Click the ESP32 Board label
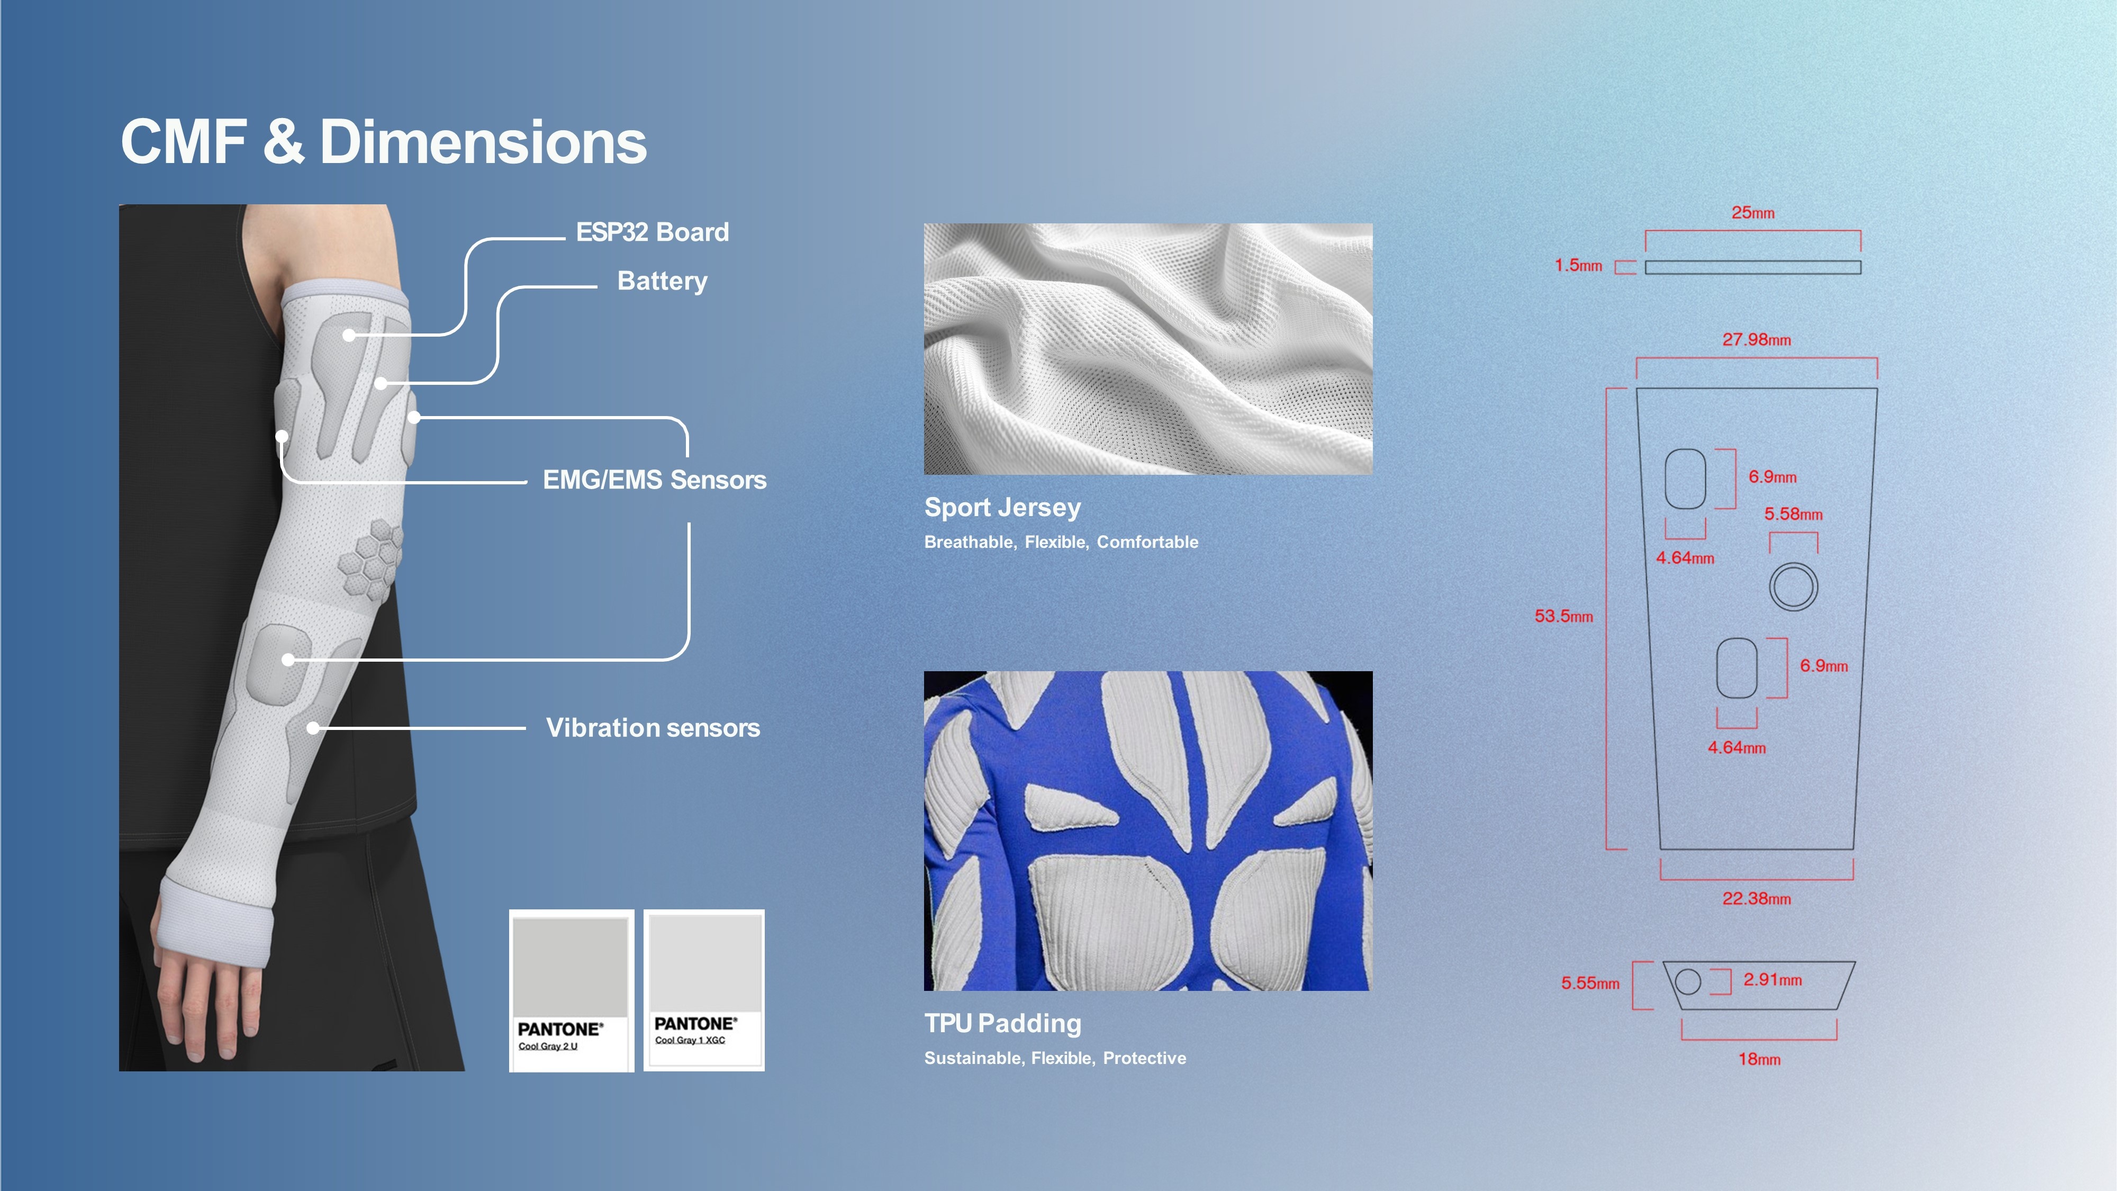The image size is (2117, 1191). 653,232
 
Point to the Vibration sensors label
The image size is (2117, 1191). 653,728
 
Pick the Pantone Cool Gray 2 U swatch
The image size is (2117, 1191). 571,990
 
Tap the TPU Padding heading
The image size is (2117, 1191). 1002,1023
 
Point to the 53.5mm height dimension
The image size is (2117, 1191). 1564,617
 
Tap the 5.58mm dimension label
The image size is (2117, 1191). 1793,515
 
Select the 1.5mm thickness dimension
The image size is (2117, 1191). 1578,266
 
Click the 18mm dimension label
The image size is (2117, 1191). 1759,1060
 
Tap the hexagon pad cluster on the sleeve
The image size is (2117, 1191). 370,558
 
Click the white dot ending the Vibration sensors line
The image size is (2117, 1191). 313,728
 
